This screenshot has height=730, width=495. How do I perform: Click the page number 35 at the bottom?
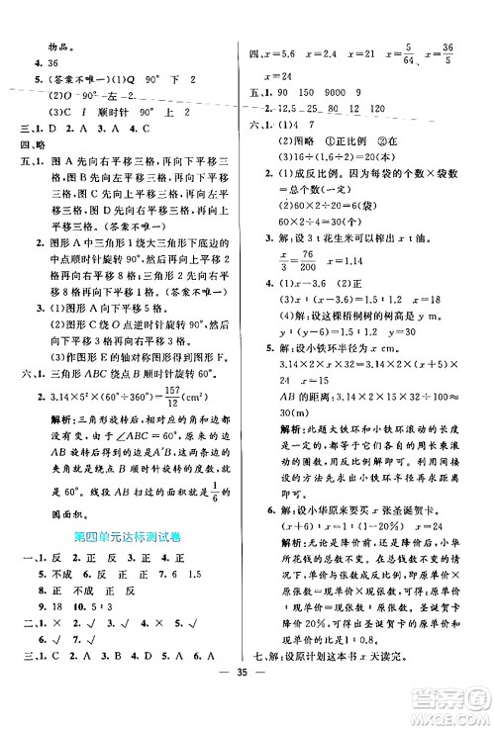coord(247,708)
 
